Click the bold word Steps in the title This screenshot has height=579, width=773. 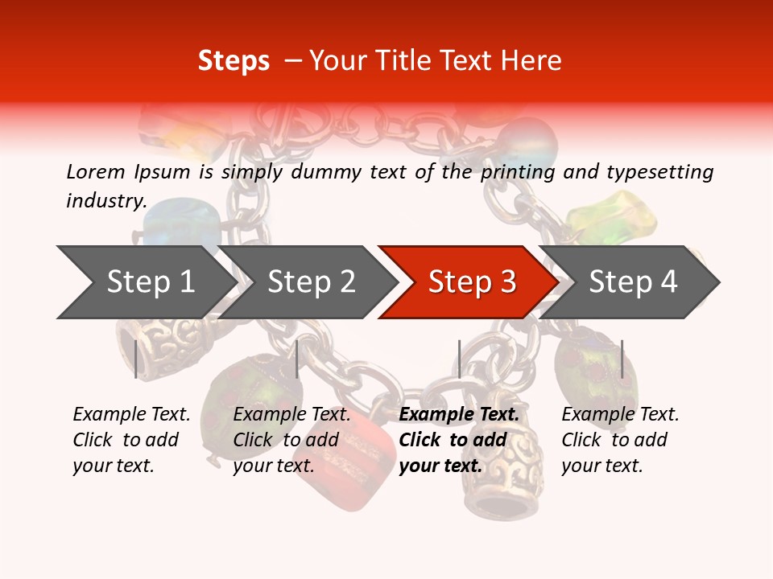click(x=234, y=61)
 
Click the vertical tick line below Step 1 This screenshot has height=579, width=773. click(x=135, y=359)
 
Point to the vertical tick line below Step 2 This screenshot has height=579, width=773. click(x=297, y=359)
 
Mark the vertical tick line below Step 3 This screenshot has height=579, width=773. click(x=459, y=359)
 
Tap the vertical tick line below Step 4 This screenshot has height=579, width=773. click(x=622, y=359)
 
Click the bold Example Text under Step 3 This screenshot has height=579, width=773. click(x=459, y=414)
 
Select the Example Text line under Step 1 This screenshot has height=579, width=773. click(x=131, y=414)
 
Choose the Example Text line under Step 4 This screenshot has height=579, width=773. click(x=620, y=414)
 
